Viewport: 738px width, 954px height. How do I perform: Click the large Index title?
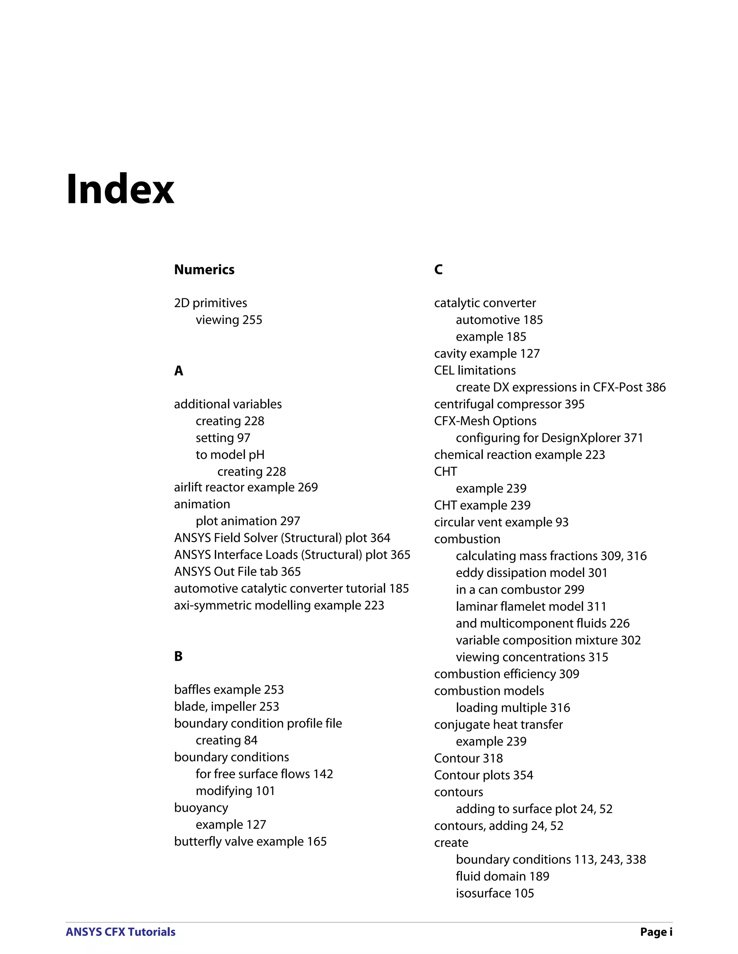(x=120, y=189)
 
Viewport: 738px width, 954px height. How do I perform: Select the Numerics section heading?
(x=204, y=270)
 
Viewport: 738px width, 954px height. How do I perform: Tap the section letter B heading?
(x=178, y=656)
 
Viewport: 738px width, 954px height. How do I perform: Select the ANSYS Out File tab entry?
(x=237, y=572)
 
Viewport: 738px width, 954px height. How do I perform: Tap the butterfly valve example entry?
(x=250, y=842)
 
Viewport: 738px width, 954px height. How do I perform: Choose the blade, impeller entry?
(x=226, y=707)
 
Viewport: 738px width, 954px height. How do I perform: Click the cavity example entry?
(x=486, y=354)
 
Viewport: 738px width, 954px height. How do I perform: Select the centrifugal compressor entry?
(x=509, y=404)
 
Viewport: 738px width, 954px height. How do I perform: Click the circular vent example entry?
(x=501, y=523)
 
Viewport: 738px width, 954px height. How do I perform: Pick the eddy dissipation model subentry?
(x=531, y=573)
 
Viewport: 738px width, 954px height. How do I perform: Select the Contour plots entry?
(x=484, y=775)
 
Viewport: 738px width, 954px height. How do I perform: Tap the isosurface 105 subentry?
(x=494, y=893)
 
